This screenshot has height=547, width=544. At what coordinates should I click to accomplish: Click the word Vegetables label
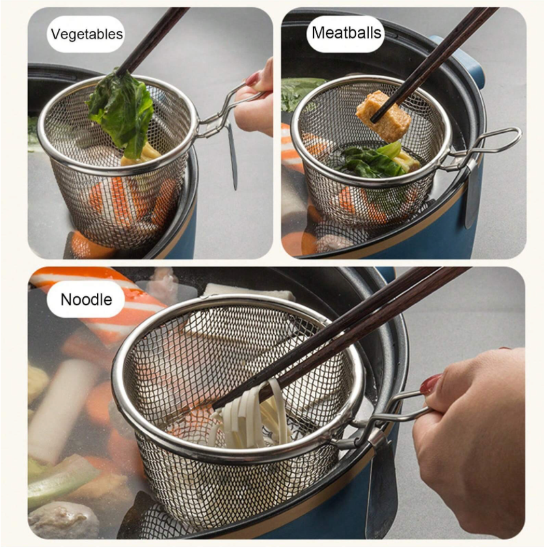(x=87, y=34)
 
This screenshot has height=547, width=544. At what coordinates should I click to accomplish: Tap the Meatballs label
(x=346, y=33)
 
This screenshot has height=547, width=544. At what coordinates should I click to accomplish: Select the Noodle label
(x=86, y=300)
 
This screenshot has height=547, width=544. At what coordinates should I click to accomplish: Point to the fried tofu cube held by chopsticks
(x=383, y=117)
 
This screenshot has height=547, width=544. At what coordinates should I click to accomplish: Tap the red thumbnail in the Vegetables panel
(x=252, y=79)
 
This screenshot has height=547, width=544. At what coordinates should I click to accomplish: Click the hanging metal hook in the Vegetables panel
(x=232, y=157)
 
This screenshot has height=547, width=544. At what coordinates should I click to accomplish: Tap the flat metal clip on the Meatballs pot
(x=471, y=195)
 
